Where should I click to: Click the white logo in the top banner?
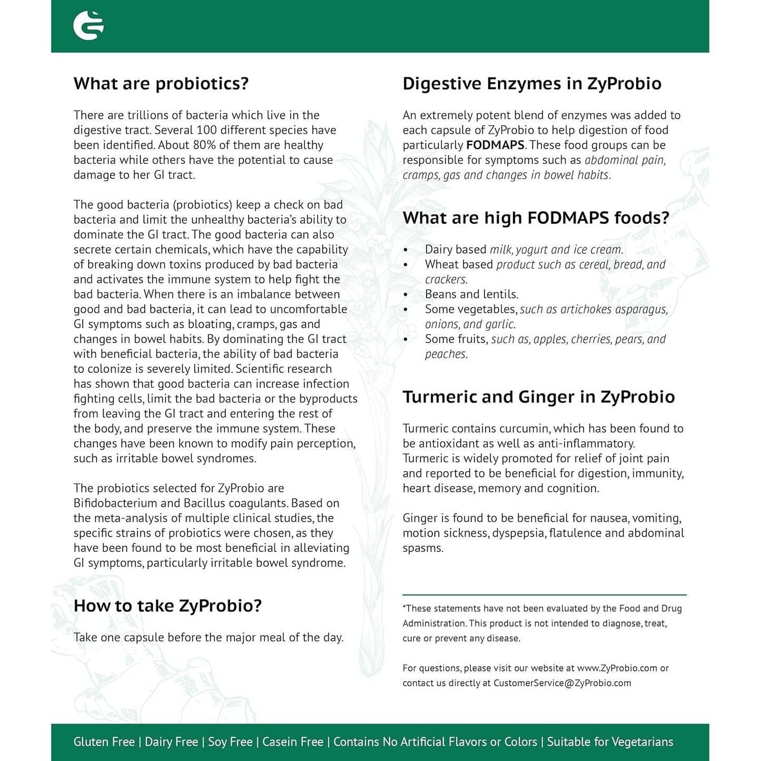88,25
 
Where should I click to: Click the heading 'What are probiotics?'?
161,84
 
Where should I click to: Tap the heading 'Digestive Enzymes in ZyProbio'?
532,84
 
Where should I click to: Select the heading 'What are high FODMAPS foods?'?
536,218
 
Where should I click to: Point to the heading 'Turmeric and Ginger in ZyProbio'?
538,397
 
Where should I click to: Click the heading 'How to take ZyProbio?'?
167,606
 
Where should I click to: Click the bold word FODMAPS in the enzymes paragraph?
495,145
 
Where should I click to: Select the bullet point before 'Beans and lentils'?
406,295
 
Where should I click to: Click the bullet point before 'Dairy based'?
406,250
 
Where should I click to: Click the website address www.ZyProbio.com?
617,668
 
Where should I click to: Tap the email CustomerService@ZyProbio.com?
562,683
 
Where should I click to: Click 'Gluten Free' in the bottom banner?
104,742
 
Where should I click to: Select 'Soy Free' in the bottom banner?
230,742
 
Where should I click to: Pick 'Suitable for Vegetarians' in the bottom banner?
610,742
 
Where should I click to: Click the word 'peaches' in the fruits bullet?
446,354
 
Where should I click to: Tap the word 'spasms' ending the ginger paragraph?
423,548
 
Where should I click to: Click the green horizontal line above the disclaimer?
544,595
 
